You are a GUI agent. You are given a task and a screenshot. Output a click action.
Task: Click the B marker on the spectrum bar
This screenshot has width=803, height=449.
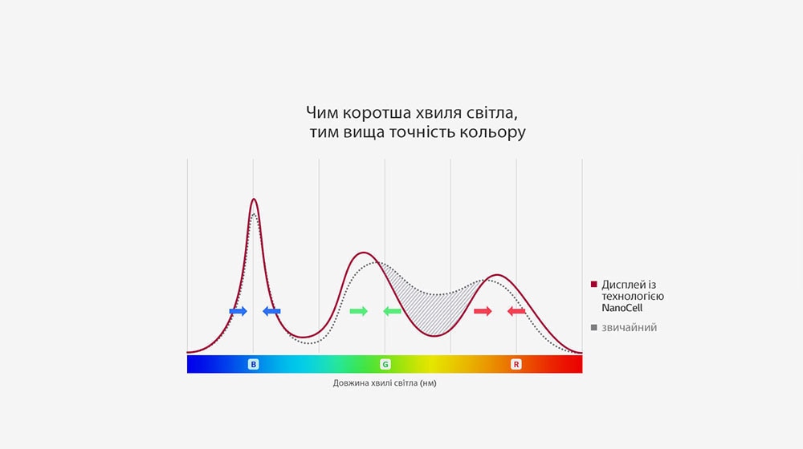pos(254,364)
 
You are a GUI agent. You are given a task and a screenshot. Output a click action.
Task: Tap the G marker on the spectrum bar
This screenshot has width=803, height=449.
pos(385,364)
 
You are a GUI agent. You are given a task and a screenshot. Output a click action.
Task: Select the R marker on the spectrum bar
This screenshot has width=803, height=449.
pos(516,364)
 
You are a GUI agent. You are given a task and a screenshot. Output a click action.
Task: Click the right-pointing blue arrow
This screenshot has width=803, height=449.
pos(238,311)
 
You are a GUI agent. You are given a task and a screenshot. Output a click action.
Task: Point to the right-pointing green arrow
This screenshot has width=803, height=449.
pos(359,311)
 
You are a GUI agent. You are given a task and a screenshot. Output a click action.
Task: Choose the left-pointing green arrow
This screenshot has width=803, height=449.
pos(392,311)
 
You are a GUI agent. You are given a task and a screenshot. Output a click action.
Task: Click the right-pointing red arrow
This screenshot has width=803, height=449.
pos(483,311)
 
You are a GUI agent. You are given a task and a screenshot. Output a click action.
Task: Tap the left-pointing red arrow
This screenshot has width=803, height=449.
pos(516,311)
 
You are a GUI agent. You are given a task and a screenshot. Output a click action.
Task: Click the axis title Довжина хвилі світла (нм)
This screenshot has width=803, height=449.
pos(385,383)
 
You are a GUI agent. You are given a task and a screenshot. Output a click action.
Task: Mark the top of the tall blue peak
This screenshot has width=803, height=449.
pos(254,200)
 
